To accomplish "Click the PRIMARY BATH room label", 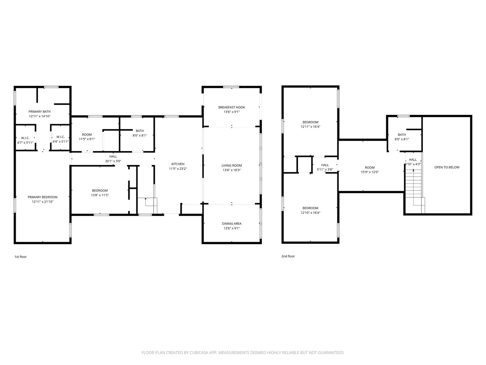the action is click(x=39, y=112).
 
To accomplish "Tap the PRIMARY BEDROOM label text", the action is click(x=43, y=197).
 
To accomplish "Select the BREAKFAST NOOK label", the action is click(x=232, y=107).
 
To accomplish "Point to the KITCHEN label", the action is click(x=178, y=164).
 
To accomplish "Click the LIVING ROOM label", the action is click(x=232, y=166).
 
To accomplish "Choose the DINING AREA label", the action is click(x=232, y=224).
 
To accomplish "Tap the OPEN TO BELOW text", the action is click(x=447, y=167).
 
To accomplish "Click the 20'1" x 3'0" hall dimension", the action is click(x=113, y=161).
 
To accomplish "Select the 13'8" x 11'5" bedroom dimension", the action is click(x=100, y=195).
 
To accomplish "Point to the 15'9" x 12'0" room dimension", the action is click(x=370, y=172).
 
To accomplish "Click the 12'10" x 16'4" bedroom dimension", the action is click(x=310, y=213).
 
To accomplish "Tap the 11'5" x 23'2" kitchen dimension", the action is click(x=178, y=169).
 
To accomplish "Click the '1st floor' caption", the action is click(x=21, y=257).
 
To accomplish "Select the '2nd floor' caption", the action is click(x=288, y=256).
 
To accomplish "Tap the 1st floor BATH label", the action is click(x=140, y=131).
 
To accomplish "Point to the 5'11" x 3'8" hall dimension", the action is click(x=325, y=170).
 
